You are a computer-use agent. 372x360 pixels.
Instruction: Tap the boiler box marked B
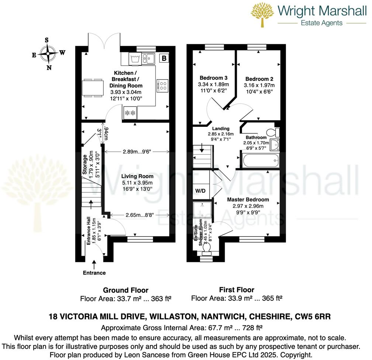164,58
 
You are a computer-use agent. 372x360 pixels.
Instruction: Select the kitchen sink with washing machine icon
141,58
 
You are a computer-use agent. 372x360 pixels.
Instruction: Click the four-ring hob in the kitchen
162,85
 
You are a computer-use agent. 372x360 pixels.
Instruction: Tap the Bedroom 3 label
213,78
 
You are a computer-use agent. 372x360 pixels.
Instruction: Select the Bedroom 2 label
259,79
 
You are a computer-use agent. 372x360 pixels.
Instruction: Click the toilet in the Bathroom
273,132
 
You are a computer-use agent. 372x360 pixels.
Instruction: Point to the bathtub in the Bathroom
261,160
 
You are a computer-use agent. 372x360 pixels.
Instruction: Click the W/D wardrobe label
200,191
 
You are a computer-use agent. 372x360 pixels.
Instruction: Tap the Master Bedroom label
248,199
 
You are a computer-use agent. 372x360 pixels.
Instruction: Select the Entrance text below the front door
94,273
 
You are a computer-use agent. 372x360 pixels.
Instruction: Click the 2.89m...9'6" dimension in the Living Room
137,151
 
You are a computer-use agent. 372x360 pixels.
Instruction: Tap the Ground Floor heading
126,290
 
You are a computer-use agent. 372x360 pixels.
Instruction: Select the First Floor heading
236,290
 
